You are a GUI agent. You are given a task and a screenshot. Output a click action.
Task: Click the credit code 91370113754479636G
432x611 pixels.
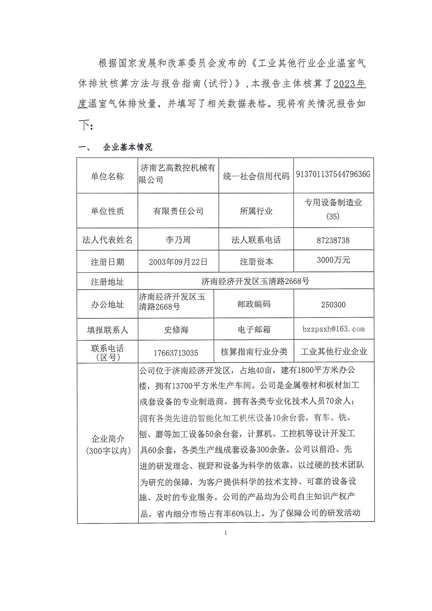click(333, 174)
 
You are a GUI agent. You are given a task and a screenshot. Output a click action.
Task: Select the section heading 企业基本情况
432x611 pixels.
click(128, 147)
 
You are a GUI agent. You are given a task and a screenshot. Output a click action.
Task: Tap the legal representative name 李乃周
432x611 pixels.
click(178, 240)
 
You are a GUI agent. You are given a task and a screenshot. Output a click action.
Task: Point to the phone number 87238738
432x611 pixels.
click(333, 241)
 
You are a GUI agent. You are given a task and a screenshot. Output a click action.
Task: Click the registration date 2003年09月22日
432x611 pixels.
click(178, 262)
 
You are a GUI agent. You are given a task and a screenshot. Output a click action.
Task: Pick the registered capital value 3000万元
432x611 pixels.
click(333, 260)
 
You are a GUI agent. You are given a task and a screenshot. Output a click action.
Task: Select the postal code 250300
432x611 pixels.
click(333, 305)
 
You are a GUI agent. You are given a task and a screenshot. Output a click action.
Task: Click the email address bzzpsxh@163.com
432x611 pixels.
click(333, 329)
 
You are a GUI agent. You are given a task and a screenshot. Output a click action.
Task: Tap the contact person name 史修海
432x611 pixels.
click(176, 330)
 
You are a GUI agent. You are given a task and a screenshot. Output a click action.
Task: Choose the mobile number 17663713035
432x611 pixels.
click(176, 353)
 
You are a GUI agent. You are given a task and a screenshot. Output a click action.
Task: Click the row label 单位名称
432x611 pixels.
click(107, 176)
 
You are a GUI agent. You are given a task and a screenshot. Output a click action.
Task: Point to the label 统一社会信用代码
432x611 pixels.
click(256, 176)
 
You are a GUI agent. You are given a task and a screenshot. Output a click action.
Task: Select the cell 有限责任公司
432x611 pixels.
click(178, 211)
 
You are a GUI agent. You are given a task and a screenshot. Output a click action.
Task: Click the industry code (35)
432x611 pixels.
click(333, 217)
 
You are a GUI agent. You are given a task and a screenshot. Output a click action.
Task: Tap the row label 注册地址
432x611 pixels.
click(107, 282)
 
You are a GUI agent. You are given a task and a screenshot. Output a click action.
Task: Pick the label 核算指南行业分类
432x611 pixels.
click(254, 352)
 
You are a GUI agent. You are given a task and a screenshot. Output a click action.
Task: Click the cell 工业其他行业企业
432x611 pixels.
click(334, 351)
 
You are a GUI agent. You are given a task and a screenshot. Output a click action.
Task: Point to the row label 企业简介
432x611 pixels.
click(107, 439)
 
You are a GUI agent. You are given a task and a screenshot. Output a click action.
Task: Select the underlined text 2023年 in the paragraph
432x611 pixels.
click(349, 84)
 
